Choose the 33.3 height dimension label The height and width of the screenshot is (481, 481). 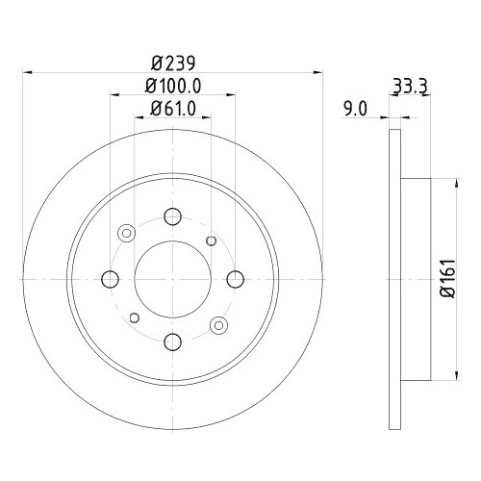coord(410,85)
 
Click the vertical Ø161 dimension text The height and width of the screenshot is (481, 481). coord(446,279)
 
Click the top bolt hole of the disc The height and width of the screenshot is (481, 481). coord(172,216)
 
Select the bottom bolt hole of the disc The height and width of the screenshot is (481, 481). coord(172,341)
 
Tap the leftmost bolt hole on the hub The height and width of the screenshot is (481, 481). coord(111,279)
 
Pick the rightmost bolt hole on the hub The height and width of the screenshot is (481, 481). coord(235,279)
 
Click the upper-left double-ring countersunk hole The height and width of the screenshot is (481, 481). coord(127,233)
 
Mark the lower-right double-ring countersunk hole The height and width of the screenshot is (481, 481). coord(218,324)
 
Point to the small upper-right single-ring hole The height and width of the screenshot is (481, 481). coord(213,240)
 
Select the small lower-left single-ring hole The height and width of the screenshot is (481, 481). coord(134,316)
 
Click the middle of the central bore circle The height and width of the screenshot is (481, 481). coord(172,279)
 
